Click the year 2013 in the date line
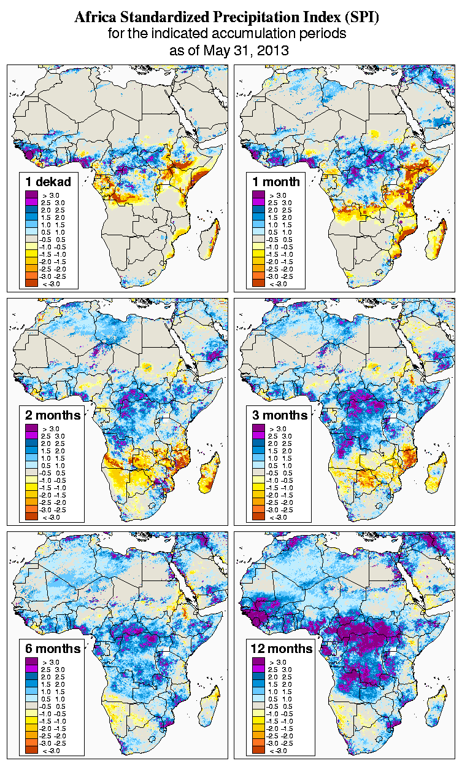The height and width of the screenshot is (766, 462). [272, 50]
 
